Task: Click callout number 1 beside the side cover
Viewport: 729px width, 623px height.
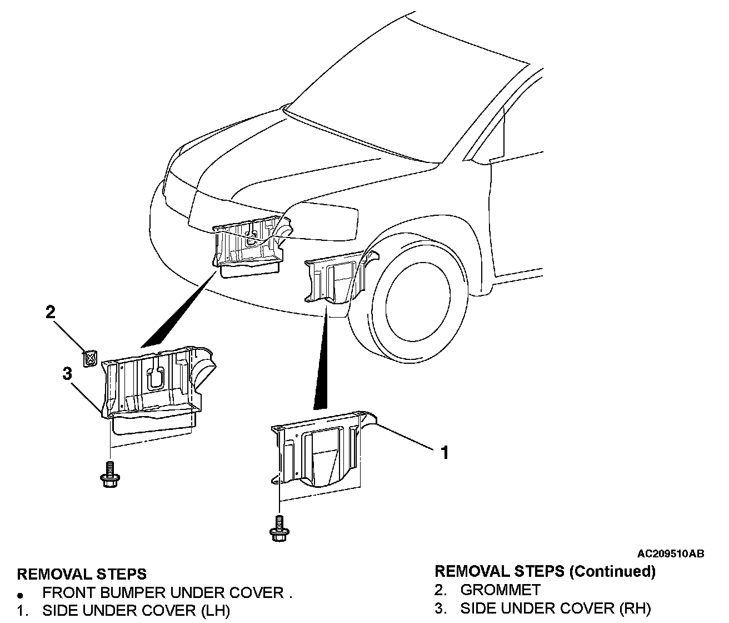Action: [444, 453]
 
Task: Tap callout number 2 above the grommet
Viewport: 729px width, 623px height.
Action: [51, 312]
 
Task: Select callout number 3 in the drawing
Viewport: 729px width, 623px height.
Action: [67, 373]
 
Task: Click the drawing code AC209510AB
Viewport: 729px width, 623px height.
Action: [671, 553]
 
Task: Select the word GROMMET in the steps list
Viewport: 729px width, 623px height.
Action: [500, 590]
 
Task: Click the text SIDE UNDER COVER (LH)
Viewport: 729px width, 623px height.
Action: [136, 611]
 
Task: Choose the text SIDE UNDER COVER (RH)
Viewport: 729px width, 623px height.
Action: [555, 609]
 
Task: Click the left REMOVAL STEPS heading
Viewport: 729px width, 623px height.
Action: [82, 573]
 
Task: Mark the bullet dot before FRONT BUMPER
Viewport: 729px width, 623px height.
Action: [21, 595]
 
